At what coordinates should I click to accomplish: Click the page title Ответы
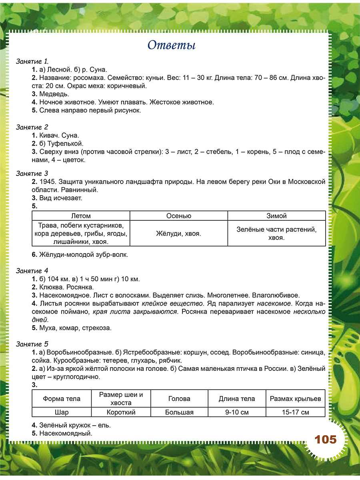[x=171, y=45]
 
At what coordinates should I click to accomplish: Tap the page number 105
[x=326, y=440]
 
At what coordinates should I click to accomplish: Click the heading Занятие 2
[x=32, y=127]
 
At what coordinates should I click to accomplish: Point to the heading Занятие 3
[x=32, y=174]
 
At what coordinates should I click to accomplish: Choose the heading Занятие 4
[x=32, y=271]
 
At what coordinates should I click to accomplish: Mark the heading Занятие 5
[x=32, y=344]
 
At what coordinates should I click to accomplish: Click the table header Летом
[x=81, y=216]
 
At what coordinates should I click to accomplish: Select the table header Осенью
[x=179, y=216]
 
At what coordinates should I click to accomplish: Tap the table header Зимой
[x=276, y=216]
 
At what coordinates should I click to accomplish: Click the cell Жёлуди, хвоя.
[x=179, y=233]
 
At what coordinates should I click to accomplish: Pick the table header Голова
[x=179, y=398]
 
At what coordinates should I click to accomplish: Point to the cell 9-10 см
[x=237, y=412]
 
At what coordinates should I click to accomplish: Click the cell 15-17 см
[x=295, y=412]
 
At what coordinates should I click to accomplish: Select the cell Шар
[x=62, y=412]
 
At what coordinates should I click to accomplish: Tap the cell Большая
[x=179, y=412]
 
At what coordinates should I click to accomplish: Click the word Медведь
[x=54, y=94]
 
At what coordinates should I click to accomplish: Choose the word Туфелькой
[x=65, y=143]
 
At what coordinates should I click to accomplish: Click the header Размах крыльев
[x=295, y=398]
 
